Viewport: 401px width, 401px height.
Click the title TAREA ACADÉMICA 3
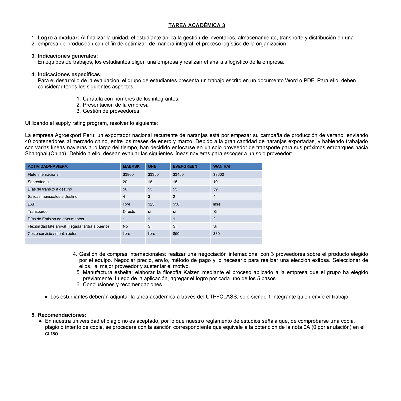(x=196, y=25)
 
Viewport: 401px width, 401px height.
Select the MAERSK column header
(x=131, y=166)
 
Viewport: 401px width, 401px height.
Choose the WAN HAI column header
(x=222, y=166)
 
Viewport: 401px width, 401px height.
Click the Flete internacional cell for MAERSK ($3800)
(x=128, y=174)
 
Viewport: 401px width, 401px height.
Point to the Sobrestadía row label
(x=38, y=182)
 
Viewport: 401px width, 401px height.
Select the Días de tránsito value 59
(x=215, y=189)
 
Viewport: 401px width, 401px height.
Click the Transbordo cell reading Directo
(x=129, y=212)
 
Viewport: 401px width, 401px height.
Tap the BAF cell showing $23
(x=151, y=204)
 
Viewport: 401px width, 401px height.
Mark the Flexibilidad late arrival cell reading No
(x=125, y=226)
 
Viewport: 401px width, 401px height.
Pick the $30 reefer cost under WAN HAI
(x=216, y=234)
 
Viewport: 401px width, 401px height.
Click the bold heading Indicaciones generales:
(x=68, y=56)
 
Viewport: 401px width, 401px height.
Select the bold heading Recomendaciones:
(x=62, y=315)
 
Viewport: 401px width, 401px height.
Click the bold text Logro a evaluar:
(x=58, y=38)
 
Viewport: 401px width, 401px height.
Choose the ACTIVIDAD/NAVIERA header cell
(x=47, y=166)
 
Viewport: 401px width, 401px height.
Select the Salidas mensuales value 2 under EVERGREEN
(x=174, y=196)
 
